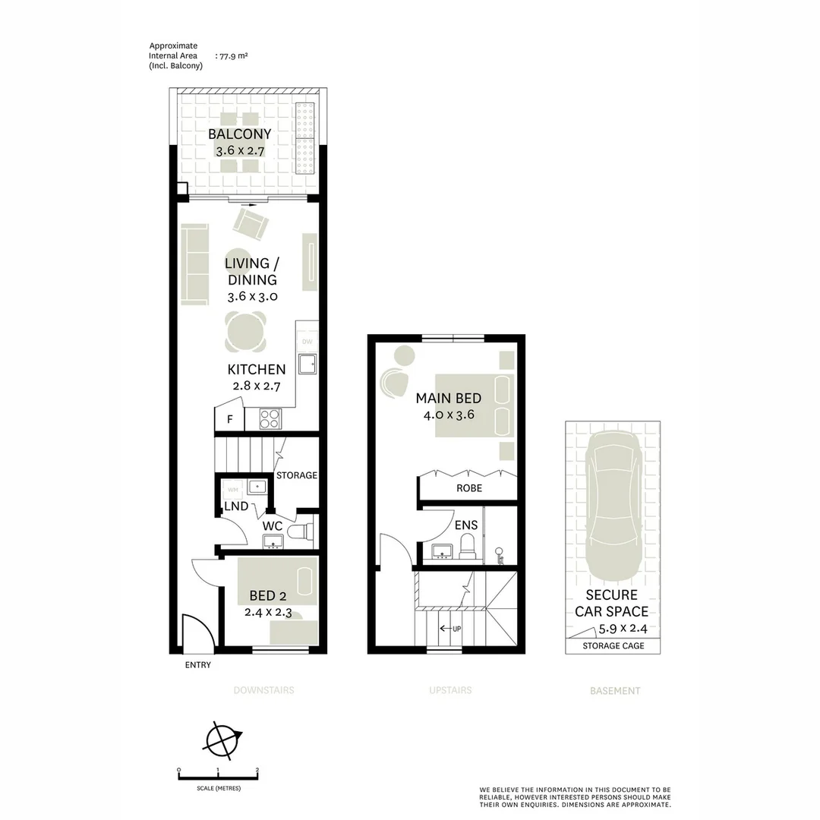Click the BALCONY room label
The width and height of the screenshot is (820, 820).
(239, 134)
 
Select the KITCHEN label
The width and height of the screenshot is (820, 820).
(257, 370)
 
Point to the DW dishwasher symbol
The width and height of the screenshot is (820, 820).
(307, 342)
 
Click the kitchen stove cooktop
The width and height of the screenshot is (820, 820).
(270, 418)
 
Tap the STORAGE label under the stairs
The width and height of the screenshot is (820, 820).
(296, 475)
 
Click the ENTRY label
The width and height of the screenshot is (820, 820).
(197, 665)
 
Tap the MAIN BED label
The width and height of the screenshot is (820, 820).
(448, 398)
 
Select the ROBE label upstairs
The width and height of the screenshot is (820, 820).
(468, 488)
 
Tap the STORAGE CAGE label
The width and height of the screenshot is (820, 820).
(613, 646)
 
